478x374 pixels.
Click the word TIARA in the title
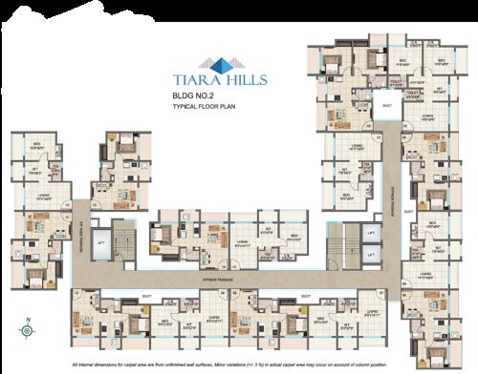[x=188, y=82]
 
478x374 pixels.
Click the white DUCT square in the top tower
[x=386, y=105]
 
